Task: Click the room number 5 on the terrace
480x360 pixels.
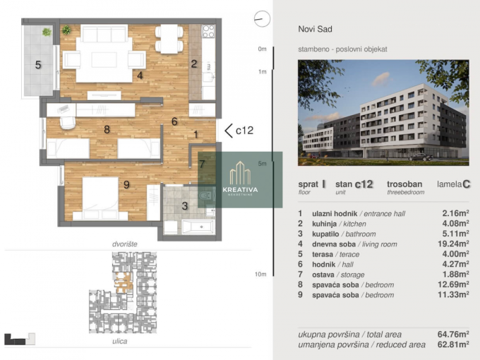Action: (x=38, y=65)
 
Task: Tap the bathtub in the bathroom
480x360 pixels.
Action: (x=198, y=227)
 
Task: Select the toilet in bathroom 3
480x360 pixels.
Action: (x=205, y=195)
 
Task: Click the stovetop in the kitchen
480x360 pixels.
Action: (x=208, y=31)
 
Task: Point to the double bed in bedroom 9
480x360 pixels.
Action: (x=100, y=198)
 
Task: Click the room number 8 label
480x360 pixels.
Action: (x=107, y=129)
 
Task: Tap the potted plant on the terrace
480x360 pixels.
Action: (x=47, y=32)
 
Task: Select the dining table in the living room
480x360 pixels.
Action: (x=169, y=39)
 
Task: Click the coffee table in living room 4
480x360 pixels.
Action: (x=104, y=60)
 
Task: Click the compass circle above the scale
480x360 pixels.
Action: (x=262, y=19)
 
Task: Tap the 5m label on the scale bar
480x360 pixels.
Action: (x=262, y=164)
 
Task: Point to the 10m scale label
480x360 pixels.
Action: (x=260, y=275)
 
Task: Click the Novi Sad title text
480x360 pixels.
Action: (x=315, y=29)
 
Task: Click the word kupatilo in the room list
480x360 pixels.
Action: (x=325, y=234)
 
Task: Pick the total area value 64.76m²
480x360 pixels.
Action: (x=453, y=335)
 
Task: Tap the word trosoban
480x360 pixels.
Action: (x=404, y=184)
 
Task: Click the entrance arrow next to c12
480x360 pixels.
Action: (x=229, y=131)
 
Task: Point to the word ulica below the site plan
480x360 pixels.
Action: (x=120, y=342)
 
